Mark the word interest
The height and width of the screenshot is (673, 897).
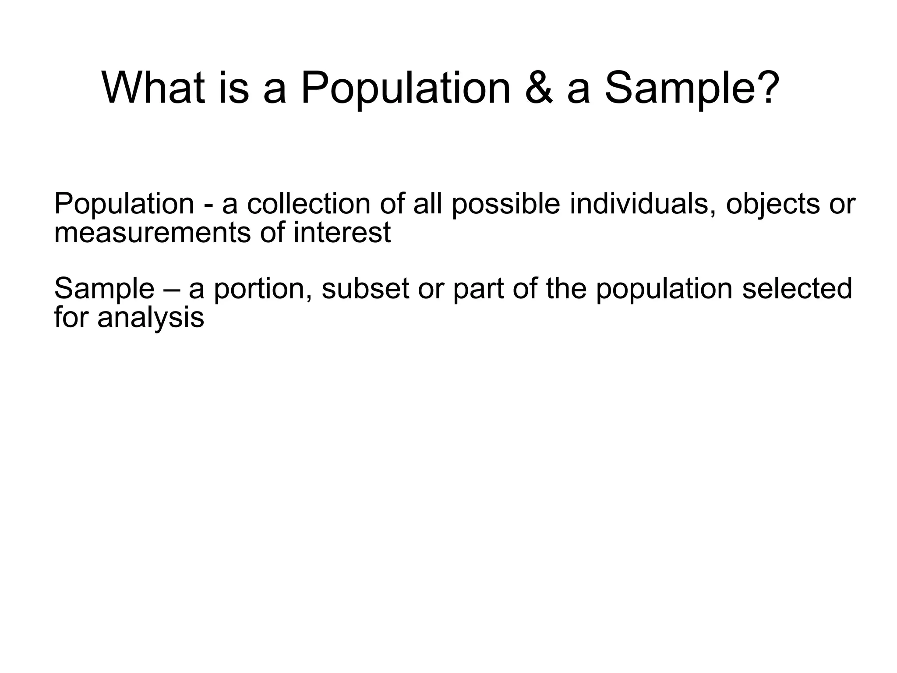342,232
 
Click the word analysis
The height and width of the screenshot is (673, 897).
151,317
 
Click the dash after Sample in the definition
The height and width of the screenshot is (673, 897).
171,290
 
